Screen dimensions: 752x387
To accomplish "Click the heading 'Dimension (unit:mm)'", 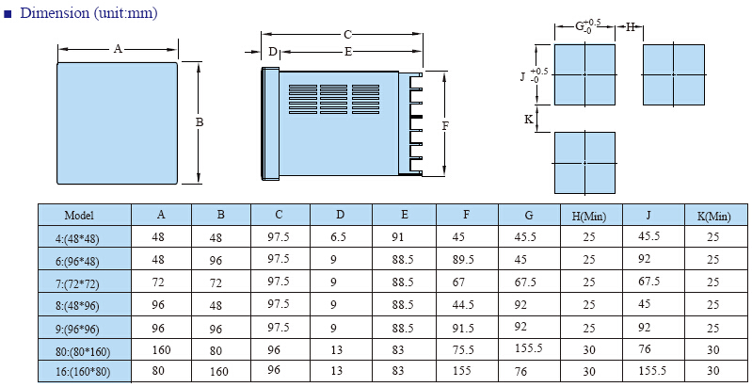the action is (88, 13).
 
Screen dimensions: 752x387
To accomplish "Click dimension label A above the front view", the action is (118, 48).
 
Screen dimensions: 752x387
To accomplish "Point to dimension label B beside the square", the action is (200, 122).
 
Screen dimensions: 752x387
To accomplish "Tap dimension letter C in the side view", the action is (347, 35).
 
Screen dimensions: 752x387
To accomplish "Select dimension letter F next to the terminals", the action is (445, 125).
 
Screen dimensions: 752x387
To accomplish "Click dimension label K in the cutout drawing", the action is (529, 119).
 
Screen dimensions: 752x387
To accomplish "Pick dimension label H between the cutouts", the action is (631, 27).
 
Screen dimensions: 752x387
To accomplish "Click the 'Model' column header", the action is (79, 216).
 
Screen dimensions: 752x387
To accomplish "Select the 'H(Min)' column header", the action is (589, 217).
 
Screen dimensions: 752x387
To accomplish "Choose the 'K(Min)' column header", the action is (714, 217).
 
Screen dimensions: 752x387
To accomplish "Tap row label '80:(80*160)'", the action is (83, 352).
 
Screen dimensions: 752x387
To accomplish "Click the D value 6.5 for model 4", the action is (338, 237).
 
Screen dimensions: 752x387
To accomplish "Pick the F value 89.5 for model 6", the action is (463, 260).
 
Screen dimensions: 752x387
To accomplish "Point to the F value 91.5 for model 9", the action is (463, 328).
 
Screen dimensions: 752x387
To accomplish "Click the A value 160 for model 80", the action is (161, 350).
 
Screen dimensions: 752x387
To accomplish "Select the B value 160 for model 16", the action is (218, 371).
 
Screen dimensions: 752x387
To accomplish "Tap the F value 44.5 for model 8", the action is (463, 304).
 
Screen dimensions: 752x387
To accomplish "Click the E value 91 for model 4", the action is (397, 237).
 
